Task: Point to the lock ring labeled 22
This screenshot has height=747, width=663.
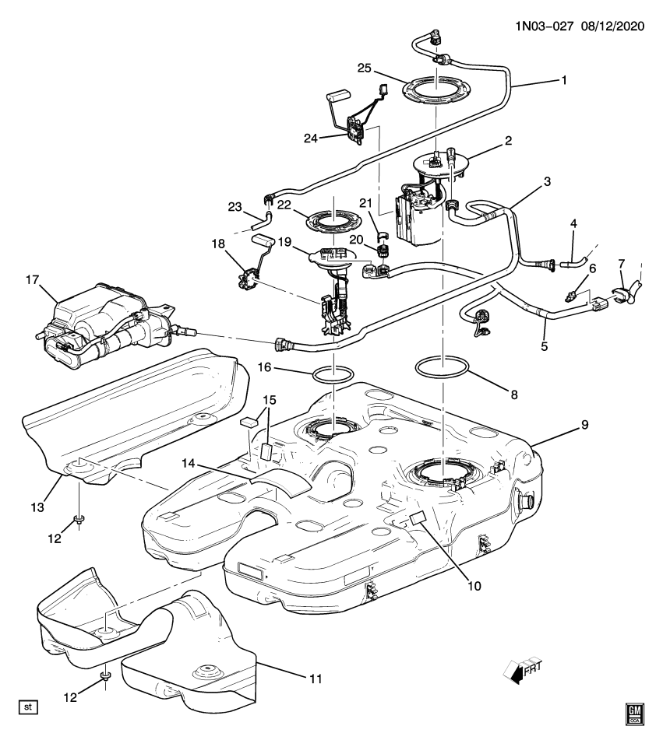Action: tap(333, 219)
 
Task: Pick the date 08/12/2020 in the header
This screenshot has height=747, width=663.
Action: tap(611, 25)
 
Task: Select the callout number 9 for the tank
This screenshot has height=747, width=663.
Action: tap(584, 425)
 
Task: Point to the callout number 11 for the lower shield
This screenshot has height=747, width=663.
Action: tap(314, 679)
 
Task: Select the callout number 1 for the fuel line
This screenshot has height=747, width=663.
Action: tap(563, 79)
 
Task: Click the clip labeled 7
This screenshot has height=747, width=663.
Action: tap(625, 294)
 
